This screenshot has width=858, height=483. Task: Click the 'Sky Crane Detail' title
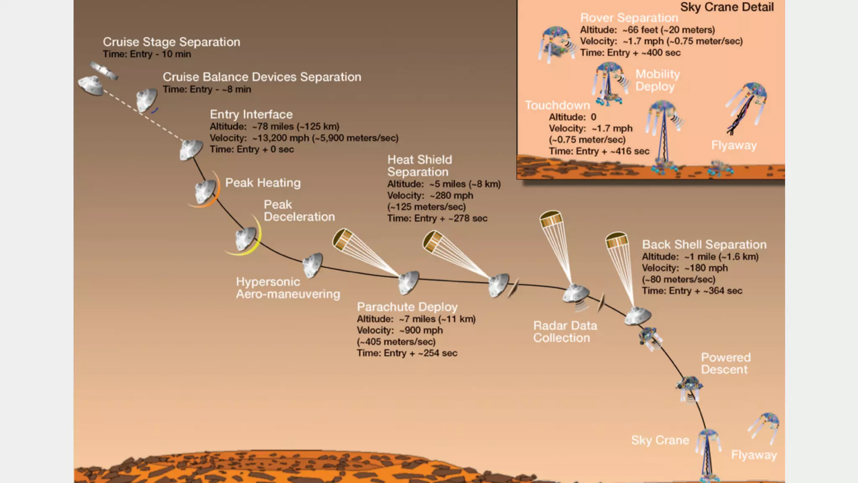pos(726,7)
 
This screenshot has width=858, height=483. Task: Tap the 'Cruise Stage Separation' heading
pos(171,42)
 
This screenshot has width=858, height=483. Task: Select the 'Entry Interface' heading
pos(251,114)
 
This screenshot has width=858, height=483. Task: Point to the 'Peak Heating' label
pos(263,183)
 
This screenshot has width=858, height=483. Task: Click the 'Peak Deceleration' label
pos(299,210)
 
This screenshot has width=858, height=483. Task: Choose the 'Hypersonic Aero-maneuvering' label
pos(288,288)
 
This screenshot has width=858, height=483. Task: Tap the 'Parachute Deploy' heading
pos(407,307)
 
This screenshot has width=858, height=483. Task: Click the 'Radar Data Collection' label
pos(565,332)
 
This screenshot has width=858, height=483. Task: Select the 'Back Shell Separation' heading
pos(704,244)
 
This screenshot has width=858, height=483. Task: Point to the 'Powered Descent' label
pos(726,364)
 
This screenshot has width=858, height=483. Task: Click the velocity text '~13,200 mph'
pos(280,138)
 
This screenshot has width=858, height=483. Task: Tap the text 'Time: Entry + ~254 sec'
pos(407,353)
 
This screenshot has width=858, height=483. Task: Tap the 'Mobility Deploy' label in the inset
pos(657,80)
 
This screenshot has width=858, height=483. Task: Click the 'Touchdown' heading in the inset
pos(557,105)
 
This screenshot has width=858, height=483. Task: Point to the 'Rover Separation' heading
pos(629,18)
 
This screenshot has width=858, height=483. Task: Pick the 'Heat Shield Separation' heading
pos(419,166)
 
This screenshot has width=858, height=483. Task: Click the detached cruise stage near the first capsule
pos(104,70)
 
